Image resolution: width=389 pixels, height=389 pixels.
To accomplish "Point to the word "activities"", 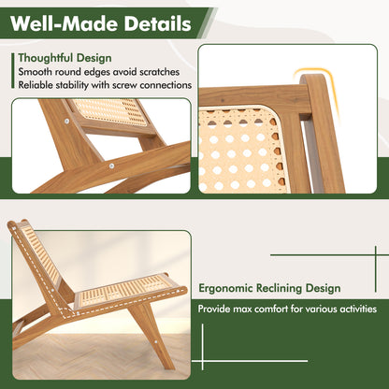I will point(354,309).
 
